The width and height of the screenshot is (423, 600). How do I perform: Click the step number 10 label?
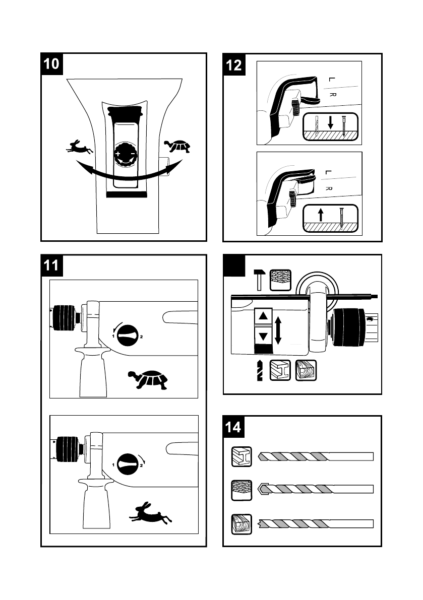pos(51,64)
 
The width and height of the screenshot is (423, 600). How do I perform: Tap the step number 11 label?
pos(51,265)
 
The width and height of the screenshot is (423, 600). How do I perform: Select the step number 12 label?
pos(234,64)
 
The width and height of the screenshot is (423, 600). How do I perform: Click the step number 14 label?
pos(233,427)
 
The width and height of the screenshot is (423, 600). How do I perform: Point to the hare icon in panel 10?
pos(79,147)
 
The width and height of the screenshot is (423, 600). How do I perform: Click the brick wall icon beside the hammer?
pos(280,280)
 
